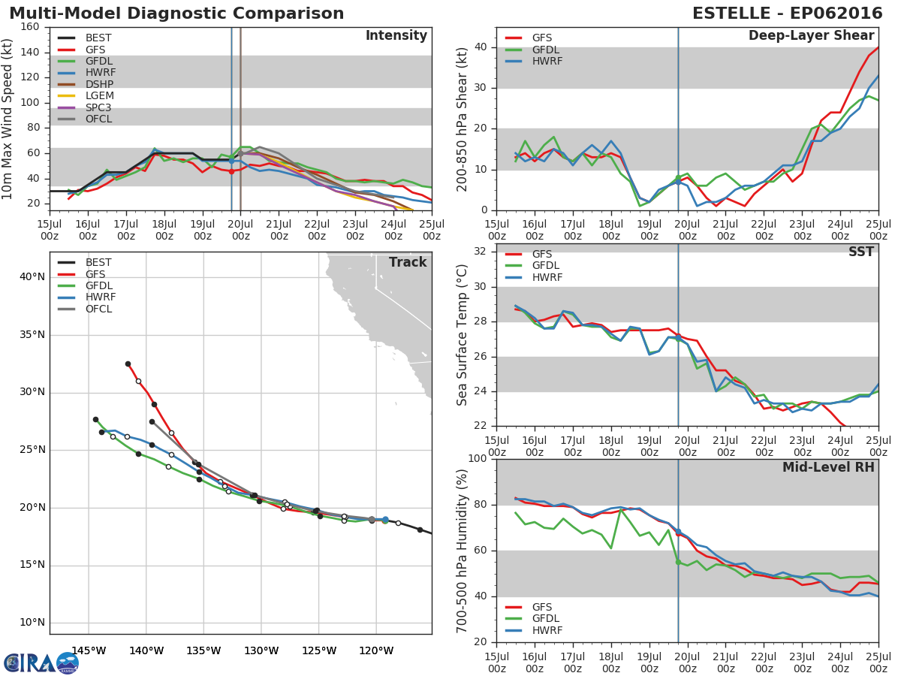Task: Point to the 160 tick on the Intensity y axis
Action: [30, 27]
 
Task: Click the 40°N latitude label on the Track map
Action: [32, 277]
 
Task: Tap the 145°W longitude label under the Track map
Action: [89, 651]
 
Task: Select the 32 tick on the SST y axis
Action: [480, 251]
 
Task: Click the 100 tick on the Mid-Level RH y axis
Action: [478, 458]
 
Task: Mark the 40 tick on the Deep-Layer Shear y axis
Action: [481, 47]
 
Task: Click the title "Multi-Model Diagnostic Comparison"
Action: [176, 14]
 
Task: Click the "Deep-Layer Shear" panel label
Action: [811, 36]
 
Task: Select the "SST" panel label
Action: [860, 252]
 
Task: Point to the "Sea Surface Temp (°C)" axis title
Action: [462, 335]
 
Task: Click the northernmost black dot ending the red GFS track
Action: [128, 364]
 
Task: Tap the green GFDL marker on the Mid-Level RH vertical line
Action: [678, 563]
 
